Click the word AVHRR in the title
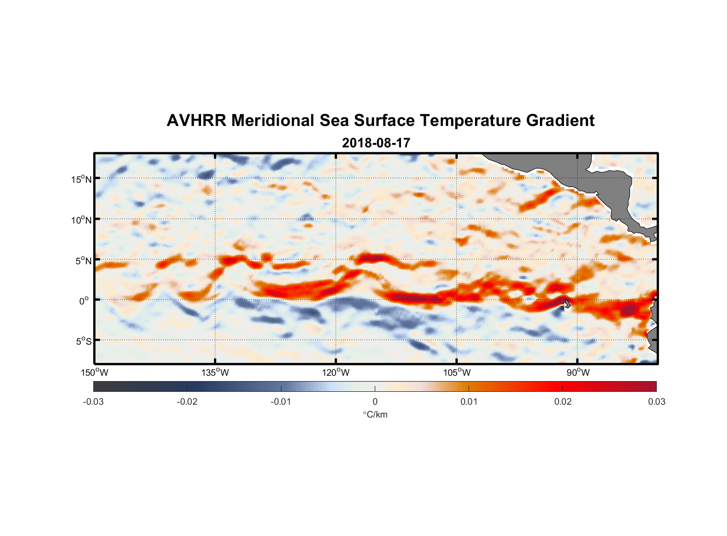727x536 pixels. tap(196, 121)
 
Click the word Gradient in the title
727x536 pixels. tap(560, 121)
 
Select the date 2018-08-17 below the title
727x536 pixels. tap(376, 143)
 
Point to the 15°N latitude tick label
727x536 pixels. tap(81, 179)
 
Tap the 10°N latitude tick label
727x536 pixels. tap(81, 220)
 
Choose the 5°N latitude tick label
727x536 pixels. tap(83, 260)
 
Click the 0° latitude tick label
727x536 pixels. tap(84, 301)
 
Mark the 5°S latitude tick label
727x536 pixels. tap(83, 341)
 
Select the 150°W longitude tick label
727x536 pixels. tap(94, 373)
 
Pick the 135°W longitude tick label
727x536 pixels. tap(215, 373)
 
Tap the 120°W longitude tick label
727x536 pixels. tap(336, 373)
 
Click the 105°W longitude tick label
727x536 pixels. tap(457, 373)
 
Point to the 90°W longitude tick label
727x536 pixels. tap(578, 373)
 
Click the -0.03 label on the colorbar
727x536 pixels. tap(93, 401)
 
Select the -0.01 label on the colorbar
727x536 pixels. tap(281, 401)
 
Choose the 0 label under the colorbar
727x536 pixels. tap(375, 401)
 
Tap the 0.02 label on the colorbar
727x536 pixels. tap(563, 401)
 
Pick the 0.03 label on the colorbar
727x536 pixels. tap(656, 401)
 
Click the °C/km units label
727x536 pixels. tap(375, 414)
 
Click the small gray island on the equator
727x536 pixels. tap(567, 303)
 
